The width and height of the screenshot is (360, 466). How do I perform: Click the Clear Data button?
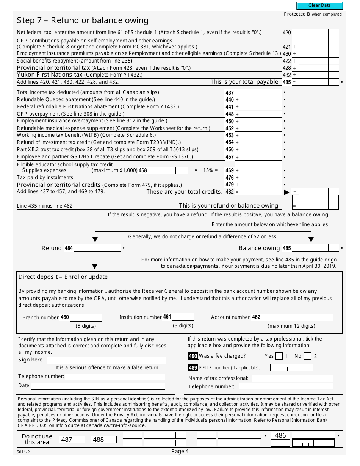[319, 5]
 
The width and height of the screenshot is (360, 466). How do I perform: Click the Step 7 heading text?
[83, 20]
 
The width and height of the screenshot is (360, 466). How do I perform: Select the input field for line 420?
[310, 33]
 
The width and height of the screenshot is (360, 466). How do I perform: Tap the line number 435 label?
[286, 82]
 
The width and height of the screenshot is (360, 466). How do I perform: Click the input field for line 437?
[253, 92]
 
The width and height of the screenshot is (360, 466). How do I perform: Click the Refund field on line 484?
[92, 248]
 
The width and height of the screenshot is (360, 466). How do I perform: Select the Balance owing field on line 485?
[310, 248]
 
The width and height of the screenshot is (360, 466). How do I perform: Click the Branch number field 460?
[86, 317]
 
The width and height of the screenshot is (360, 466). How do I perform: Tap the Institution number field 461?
[183, 317]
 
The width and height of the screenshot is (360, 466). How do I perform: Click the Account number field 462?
[297, 317]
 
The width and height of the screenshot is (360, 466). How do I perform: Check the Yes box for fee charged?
[279, 356]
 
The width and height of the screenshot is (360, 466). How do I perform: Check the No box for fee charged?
[307, 356]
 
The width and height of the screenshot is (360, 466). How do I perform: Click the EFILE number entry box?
[291, 368]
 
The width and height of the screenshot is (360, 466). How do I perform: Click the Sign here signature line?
[106, 360]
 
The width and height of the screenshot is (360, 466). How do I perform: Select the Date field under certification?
[98, 386]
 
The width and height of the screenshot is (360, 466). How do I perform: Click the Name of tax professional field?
[293, 378]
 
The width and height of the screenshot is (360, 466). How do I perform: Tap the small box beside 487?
[79, 439]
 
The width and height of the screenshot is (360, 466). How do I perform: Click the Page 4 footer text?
[180, 451]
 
